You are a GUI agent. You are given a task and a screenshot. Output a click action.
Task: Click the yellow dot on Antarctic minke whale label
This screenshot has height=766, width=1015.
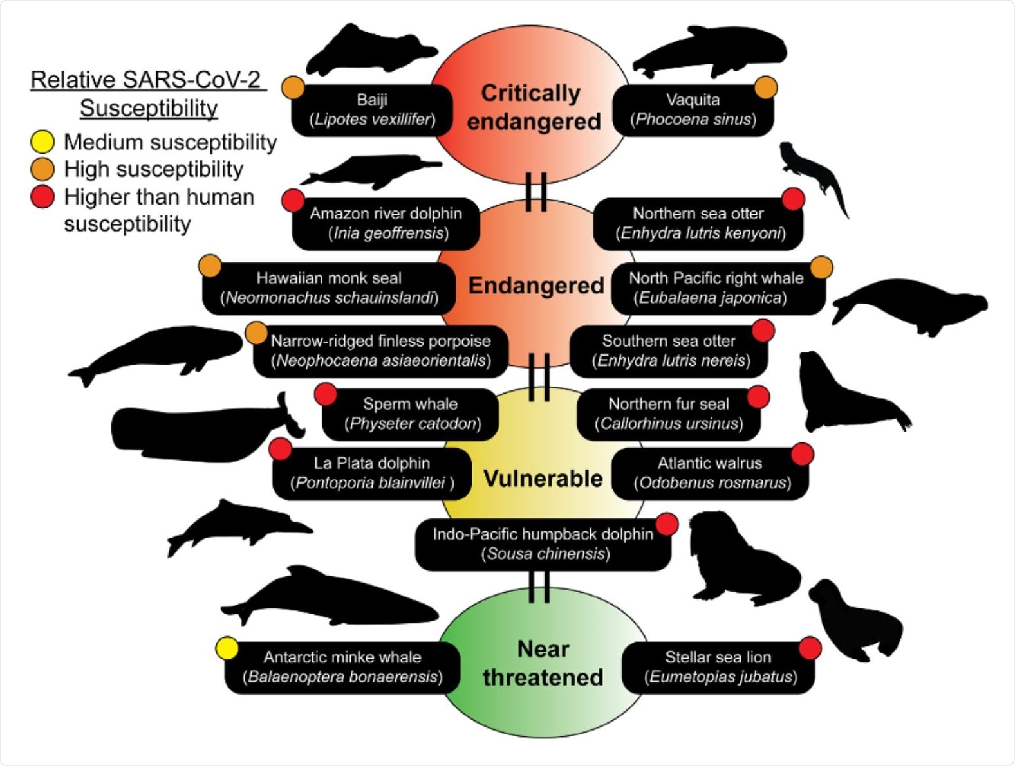(227, 648)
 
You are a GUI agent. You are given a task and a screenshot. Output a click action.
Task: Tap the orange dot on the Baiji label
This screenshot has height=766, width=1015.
(293, 87)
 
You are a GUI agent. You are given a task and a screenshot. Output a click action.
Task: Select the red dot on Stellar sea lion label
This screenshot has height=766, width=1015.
(810, 648)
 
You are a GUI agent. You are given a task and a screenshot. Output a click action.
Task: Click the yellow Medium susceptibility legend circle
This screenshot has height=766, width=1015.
(42, 141)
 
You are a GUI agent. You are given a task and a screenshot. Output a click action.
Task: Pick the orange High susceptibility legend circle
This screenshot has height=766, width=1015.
(42, 169)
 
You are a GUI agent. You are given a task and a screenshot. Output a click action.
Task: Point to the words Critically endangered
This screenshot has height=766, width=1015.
(532, 107)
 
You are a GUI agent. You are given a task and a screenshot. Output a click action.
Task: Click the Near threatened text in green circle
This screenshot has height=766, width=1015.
(543, 663)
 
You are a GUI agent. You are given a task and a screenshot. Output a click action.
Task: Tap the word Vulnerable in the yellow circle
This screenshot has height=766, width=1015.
(543, 479)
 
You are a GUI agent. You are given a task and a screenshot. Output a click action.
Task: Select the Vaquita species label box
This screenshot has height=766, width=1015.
(693, 110)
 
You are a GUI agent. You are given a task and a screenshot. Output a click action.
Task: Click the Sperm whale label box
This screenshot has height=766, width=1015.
(411, 414)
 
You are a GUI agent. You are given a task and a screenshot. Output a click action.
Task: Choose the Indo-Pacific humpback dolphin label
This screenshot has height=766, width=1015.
(543, 544)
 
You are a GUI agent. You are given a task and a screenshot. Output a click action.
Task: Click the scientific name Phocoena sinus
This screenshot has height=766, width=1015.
(693, 120)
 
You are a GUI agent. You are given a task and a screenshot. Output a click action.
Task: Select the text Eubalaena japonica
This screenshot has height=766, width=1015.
(710, 298)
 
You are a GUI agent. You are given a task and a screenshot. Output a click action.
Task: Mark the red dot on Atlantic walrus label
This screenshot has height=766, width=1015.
(802, 454)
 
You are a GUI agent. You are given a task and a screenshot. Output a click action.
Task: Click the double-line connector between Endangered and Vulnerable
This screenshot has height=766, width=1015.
(539, 377)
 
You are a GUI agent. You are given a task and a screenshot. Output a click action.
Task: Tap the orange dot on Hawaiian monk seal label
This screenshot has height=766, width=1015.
(210, 266)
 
